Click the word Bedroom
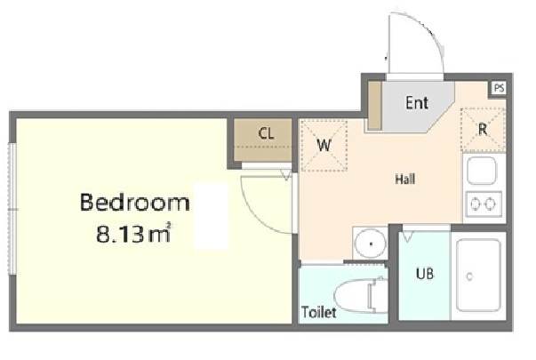pos(135,202)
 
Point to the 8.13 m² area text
pos(133,234)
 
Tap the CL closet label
pos(267,133)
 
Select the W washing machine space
pos(324,145)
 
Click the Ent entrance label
pos(417,102)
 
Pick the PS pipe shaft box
pos(499,88)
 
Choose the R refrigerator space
pos(483,129)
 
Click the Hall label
pos(405,180)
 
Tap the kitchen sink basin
pos(482,171)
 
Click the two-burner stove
pos(484,204)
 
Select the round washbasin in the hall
pos(371,244)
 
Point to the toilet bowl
pos(361,295)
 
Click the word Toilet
pos(318,312)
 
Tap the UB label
pos(425,274)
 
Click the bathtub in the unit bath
pos(478,276)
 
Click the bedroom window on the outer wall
pos(12,209)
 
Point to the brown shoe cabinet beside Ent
pos(374,106)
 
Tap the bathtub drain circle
pos(469,276)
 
